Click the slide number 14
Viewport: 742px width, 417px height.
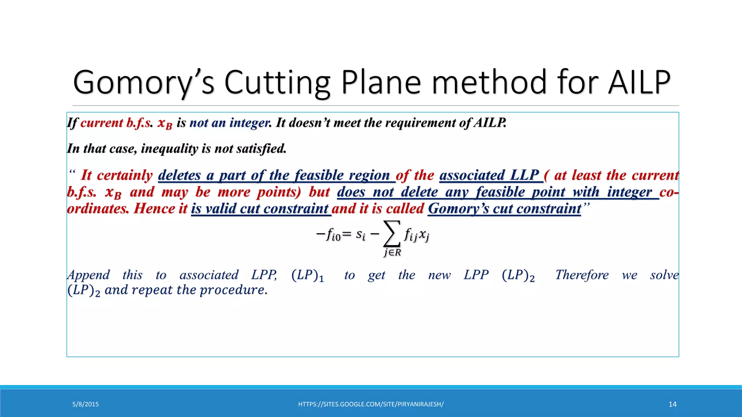672,404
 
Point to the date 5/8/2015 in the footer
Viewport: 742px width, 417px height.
86,404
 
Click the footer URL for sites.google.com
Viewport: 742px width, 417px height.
371,404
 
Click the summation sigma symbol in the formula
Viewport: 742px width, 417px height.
392,234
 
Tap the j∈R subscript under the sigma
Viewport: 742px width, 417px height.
392,253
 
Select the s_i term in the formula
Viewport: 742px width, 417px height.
360,235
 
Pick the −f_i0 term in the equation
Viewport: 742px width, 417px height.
328,235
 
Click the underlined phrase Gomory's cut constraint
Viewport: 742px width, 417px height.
504,209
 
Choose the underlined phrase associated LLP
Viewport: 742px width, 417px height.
489,176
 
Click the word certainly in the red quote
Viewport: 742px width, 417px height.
125,176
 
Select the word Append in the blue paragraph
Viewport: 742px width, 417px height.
88,275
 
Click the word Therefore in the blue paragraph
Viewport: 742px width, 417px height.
582,275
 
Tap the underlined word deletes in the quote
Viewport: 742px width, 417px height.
179,176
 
